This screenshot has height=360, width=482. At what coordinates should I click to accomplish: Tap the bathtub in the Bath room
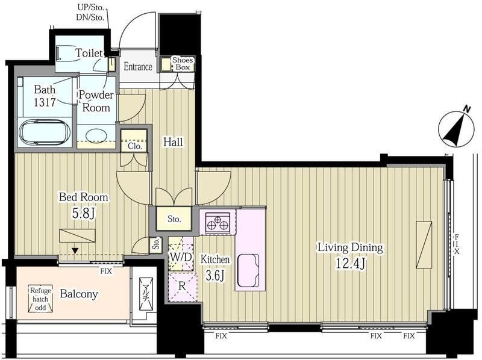coord(45,132)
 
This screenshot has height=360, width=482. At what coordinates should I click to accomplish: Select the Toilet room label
coord(89,53)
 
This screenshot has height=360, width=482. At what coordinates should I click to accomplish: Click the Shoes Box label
coord(183,64)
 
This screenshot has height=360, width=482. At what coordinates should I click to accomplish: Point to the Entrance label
coord(138,67)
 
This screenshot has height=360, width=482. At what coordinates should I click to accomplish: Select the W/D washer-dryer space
coord(181,253)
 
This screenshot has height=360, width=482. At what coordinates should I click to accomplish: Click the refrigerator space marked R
coord(182,287)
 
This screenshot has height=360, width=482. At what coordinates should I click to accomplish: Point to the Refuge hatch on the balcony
coord(41,299)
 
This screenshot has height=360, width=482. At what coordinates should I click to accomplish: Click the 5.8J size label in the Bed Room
coord(83,214)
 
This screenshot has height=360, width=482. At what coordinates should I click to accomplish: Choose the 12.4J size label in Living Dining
coord(350,264)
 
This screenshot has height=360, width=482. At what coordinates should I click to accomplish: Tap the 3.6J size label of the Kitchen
coord(215,276)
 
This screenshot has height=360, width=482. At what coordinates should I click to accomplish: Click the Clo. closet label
coord(134,146)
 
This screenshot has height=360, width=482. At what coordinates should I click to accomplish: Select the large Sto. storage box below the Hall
coord(174,219)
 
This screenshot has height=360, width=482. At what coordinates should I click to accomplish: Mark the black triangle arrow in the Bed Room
coord(75,251)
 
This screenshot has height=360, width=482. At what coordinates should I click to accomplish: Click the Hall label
coord(173,142)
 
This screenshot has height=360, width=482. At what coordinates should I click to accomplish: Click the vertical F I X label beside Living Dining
coord(457,244)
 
